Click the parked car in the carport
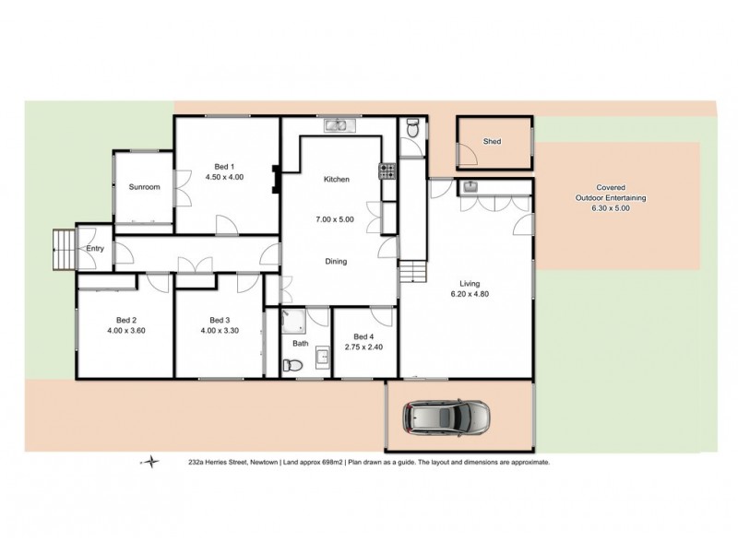click(446, 418)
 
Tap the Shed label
click(493, 142)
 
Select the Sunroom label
click(144, 187)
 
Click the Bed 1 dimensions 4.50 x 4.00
click(224, 177)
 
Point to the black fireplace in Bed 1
click(274, 178)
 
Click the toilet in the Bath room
click(291, 367)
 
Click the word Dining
click(335, 261)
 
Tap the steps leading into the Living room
click(412, 271)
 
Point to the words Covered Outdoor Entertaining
click(612, 191)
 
